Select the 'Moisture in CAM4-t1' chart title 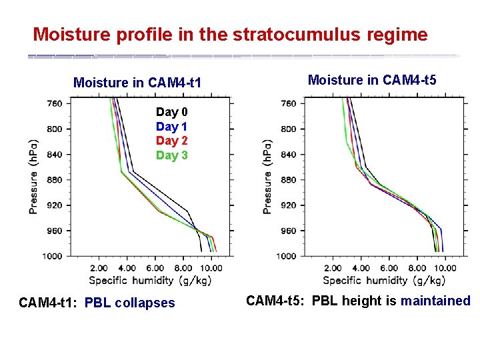tap(137, 83)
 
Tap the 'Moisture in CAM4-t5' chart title tap(372, 80)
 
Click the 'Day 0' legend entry tap(171, 112)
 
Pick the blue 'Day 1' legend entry tap(171, 127)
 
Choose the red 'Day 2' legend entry tap(171, 141)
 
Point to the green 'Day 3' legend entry tap(171, 155)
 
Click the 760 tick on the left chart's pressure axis tap(55, 103)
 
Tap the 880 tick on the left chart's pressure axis tap(55, 180)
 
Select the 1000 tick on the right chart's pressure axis tap(287, 256)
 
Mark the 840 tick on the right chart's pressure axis tap(289, 155)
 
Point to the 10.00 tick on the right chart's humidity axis tap(445, 268)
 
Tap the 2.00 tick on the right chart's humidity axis tap(333, 268)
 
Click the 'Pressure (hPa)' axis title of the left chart tap(33, 176)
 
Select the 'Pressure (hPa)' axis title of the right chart tap(267, 176)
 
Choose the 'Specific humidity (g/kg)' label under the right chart tap(384, 280)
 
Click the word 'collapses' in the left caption tap(145, 303)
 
